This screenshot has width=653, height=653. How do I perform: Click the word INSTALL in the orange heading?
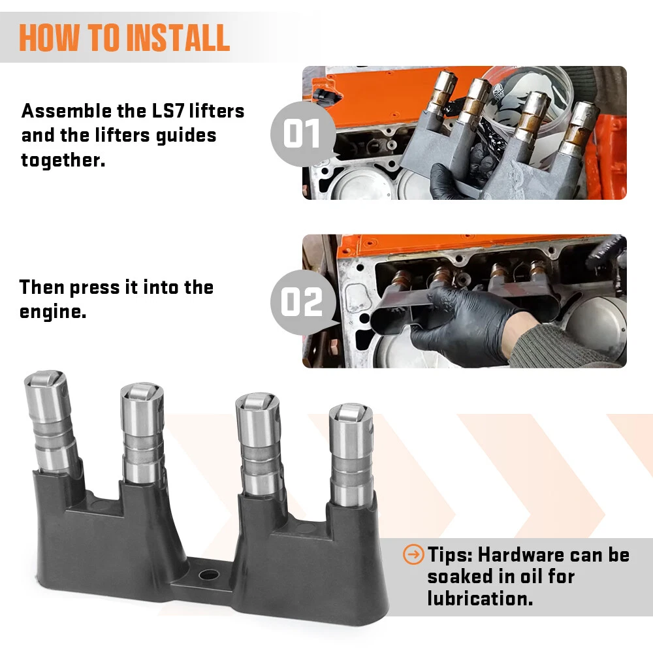(178, 37)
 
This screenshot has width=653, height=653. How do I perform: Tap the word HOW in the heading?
(49, 37)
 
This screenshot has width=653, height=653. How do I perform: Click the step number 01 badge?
(303, 134)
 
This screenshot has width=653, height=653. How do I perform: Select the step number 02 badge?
(303, 302)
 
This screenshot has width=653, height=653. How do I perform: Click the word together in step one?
(63, 161)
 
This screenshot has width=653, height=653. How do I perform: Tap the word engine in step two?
(53, 312)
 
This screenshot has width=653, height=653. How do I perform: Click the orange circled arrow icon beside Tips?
(413, 554)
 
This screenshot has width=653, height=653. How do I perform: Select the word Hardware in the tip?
(520, 554)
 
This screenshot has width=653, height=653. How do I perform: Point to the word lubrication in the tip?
(480, 598)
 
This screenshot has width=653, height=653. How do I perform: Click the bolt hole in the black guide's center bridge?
(209, 575)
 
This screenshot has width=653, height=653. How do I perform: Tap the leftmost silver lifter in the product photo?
(51, 421)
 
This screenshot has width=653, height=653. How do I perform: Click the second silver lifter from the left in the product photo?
(142, 433)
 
